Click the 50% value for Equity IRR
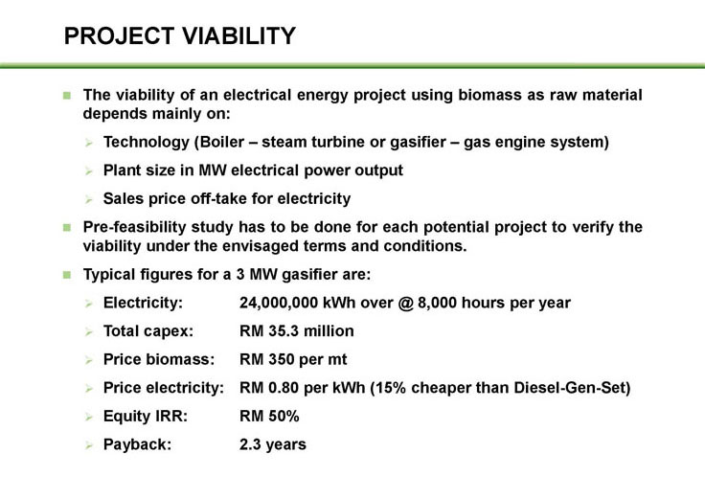pos(284,417)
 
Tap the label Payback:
pos(138,444)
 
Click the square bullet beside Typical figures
pos(67,275)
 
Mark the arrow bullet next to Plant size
pos(88,171)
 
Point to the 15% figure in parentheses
pos(390,388)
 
